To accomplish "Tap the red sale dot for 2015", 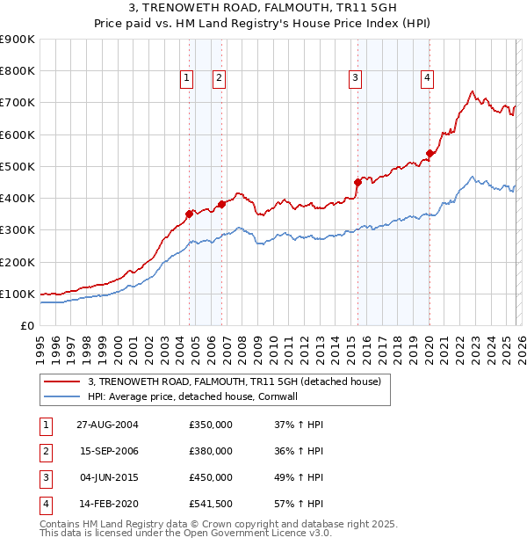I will click(x=357, y=182).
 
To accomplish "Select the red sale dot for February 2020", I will click(x=430, y=153).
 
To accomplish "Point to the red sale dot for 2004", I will click(x=190, y=214).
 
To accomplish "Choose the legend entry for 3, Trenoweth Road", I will click(x=234, y=381).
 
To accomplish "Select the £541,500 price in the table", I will click(x=211, y=504).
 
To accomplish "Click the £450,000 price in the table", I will click(x=211, y=477).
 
